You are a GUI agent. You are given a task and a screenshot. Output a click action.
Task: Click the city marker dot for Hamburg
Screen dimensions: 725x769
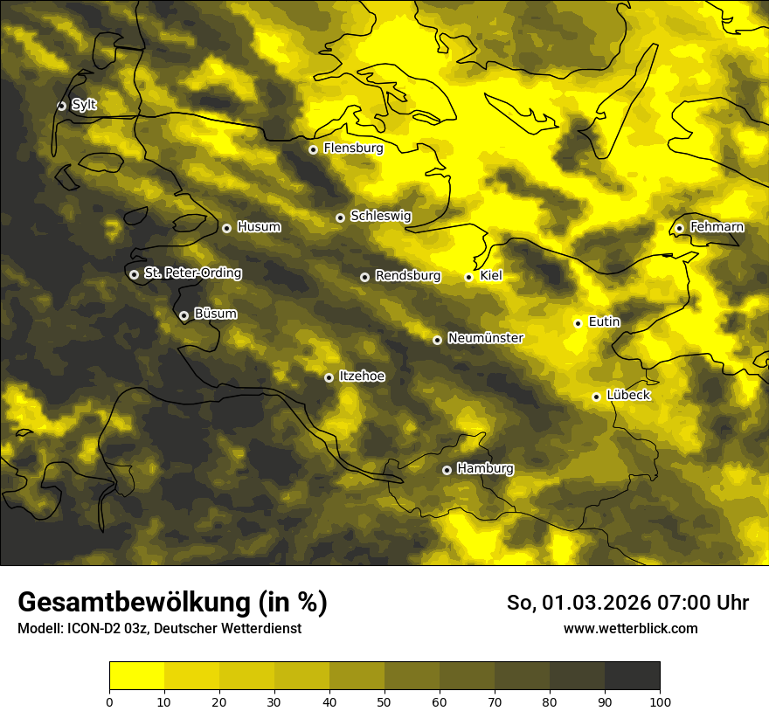[447, 470]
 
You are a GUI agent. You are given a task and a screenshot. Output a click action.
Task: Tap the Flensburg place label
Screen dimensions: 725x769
[353, 148]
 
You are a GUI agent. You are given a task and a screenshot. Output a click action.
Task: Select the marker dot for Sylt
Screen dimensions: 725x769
[61, 106]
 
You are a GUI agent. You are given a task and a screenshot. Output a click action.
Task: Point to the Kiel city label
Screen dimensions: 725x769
[491, 276]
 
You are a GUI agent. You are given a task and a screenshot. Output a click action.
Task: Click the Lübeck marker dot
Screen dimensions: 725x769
[596, 397]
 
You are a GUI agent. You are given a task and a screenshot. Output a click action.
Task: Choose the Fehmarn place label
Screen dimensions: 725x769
[717, 227]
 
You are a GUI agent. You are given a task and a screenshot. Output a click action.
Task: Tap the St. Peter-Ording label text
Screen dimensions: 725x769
[193, 273]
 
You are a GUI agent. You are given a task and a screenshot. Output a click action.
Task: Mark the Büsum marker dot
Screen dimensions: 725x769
[184, 315]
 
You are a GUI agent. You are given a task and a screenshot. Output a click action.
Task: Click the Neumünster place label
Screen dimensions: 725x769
[485, 338]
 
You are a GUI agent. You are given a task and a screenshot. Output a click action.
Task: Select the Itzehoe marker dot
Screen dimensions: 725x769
[329, 377]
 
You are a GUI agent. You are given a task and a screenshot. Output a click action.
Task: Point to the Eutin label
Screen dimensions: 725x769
[604, 322]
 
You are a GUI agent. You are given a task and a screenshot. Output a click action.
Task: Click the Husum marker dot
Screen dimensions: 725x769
[226, 228]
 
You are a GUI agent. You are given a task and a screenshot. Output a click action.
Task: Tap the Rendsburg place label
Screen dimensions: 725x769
[407, 276]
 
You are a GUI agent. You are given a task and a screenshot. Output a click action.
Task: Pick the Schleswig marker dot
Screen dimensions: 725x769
[340, 217]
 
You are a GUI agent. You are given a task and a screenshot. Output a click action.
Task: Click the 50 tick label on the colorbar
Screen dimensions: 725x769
[384, 701]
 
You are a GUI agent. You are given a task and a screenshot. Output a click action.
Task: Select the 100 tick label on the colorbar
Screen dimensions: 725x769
[660, 701]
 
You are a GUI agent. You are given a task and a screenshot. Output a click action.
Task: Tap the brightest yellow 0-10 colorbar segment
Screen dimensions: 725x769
[137, 676]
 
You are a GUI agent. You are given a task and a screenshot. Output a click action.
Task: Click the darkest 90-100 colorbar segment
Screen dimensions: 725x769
[632, 676]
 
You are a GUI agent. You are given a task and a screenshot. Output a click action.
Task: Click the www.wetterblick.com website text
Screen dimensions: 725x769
[631, 628]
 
